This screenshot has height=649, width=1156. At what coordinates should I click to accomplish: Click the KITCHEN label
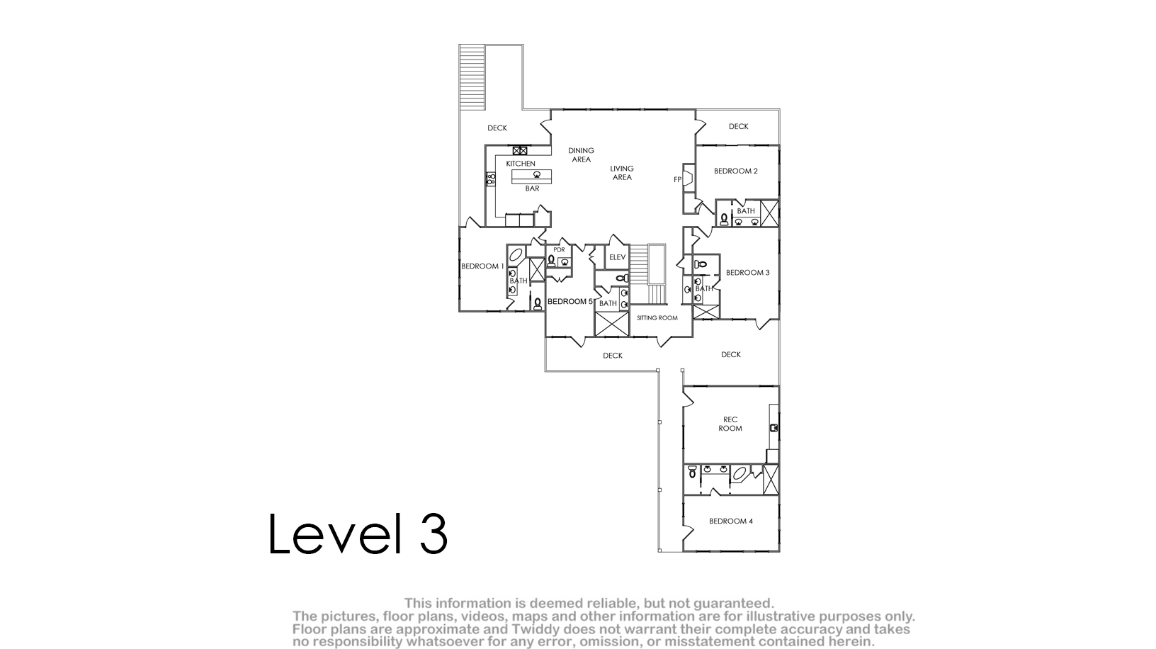pyautogui.click(x=520, y=164)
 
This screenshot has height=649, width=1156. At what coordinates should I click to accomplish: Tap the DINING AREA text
pyautogui.click(x=581, y=155)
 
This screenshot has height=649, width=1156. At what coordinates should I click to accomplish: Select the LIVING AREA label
pyautogui.click(x=622, y=173)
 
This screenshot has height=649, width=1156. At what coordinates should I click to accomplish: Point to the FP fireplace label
pyautogui.click(x=678, y=180)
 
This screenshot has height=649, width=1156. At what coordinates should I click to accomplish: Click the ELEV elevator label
pyautogui.click(x=617, y=257)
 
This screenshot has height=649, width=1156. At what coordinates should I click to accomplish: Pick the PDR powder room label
pyautogui.click(x=559, y=250)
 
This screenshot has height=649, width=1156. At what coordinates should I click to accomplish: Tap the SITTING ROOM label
pyautogui.click(x=657, y=318)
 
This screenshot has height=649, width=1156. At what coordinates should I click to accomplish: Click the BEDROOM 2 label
pyautogui.click(x=735, y=171)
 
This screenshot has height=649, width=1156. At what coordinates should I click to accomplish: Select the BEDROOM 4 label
pyautogui.click(x=731, y=521)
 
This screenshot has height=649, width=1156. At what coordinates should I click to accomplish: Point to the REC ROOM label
pyautogui.click(x=730, y=424)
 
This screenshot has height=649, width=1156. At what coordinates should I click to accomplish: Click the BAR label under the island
pyautogui.click(x=532, y=188)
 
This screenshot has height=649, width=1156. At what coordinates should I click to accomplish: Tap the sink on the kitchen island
pyautogui.click(x=537, y=174)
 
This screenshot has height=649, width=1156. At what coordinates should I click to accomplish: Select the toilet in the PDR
pyautogui.click(x=551, y=261)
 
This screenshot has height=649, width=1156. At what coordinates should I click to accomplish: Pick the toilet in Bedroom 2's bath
pyautogui.click(x=724, y=220)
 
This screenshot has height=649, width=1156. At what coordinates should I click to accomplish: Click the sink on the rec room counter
pyautogui.click(x=773, y=427)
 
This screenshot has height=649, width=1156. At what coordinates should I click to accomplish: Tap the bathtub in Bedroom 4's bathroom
pyautogui.click(x=739, y=473)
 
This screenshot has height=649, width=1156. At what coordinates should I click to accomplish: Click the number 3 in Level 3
pyautogui.click(x=433, y=534)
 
